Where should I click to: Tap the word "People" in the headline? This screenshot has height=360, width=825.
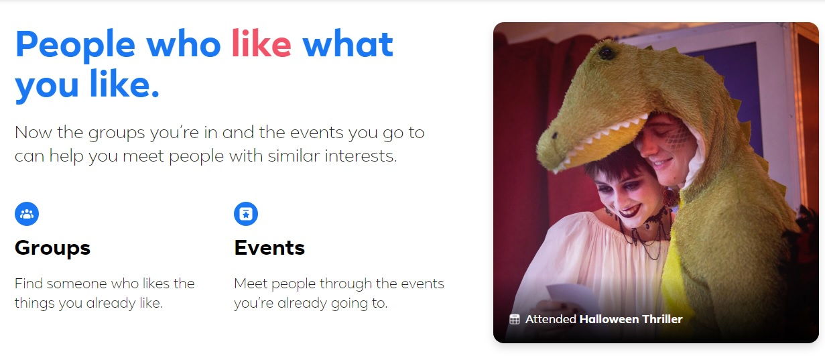(76, 46)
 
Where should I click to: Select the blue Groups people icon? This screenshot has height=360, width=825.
(27, 214)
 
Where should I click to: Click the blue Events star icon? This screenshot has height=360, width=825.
(246, 214)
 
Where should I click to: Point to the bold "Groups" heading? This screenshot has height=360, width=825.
(52, 248)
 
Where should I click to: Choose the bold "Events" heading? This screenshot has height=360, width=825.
(269, 247)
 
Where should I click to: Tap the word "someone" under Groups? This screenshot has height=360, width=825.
(77, 284)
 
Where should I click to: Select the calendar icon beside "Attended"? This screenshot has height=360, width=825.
(515, 319)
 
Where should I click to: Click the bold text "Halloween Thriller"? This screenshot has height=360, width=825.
(631, 319)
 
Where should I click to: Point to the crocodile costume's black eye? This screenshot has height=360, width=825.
(607, 54)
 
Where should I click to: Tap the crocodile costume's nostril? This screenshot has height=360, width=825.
(555, 135)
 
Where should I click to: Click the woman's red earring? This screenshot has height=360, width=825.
(670, 198)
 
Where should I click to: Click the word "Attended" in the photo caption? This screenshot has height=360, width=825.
(551, 319)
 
